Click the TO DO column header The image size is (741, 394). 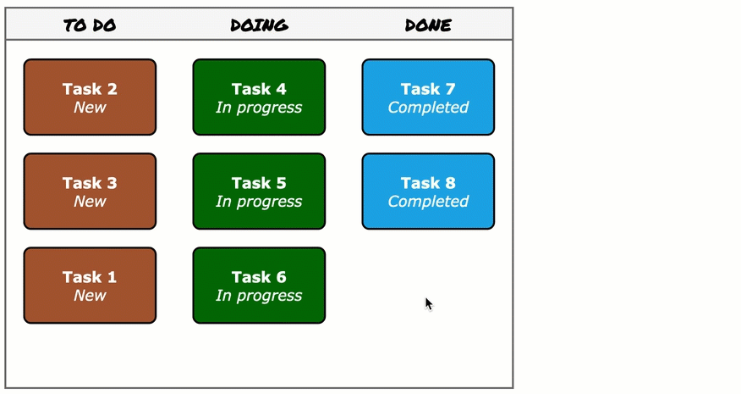click(90, 25)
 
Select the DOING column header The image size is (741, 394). click(259, 25)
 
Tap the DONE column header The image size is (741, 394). click(428, 25)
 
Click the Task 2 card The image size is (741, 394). click(90, 97)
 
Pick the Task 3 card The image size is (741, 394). click(90, 191)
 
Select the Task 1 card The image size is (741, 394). click(90, 286)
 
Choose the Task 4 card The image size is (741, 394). click(259, 97)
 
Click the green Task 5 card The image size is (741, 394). click(259, 191)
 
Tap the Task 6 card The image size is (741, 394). click(259, 286)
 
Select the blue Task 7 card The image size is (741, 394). click(428, 97)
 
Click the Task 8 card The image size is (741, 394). click(428, 191)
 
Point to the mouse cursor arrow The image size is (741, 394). click(429, 303)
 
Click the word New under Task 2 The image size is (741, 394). click(90, 108)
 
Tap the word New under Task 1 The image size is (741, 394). click(90, 296)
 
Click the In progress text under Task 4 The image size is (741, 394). click(259, 108)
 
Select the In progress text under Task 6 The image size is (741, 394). click(259, 296)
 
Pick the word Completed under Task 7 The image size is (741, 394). click(428, 108)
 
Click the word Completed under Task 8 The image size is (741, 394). click(428, 202)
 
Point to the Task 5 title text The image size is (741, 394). click(259, 183)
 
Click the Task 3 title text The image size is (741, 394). click(90, 183)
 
